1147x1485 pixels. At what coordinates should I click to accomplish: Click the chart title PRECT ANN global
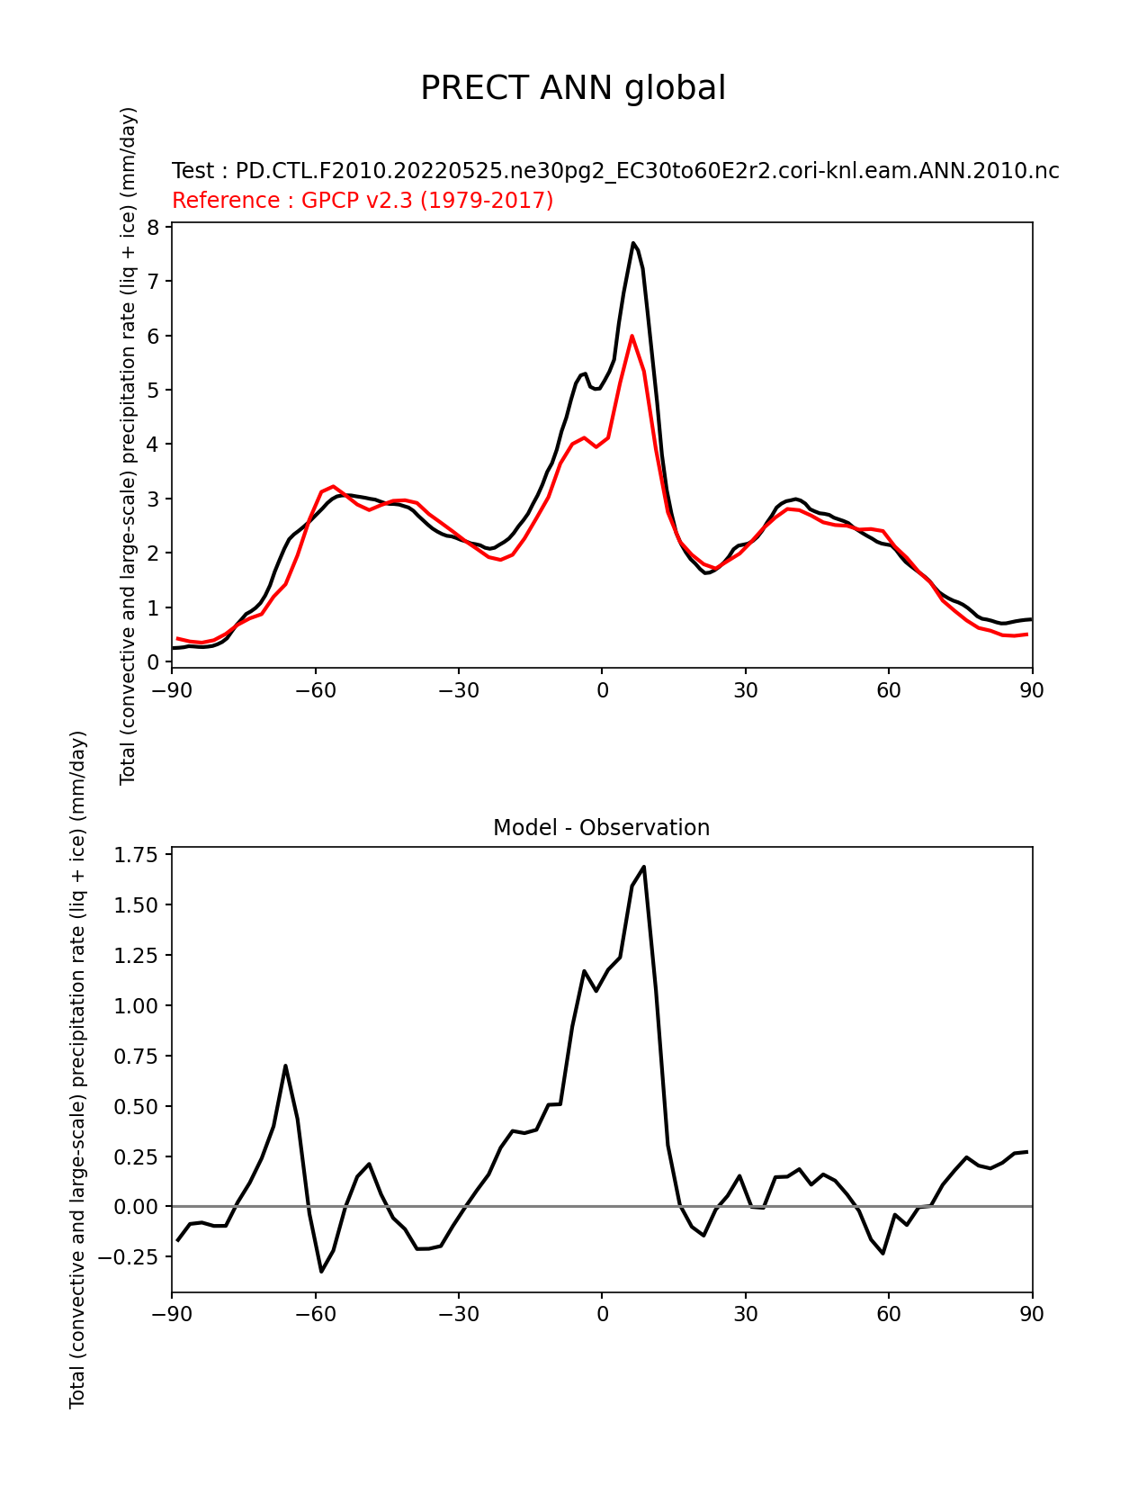(x=573, y=88)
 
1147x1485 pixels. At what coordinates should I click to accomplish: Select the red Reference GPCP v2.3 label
(x=363, y=200)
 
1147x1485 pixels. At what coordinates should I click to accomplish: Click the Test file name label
(x=615, y=171)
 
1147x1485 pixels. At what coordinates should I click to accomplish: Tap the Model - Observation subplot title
(x=601, y=828)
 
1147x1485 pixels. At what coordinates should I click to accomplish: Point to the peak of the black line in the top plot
(x=633, y=243)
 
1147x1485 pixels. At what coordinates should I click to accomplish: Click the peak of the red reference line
(x=632, y=336)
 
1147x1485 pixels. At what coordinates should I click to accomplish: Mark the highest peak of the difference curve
(x=644, y=867)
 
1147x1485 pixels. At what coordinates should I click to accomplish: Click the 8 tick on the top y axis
(x=153, y=227)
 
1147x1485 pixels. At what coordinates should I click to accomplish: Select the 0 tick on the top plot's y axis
(x=153, y=662)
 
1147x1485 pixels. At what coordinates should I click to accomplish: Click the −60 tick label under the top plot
(x=315, y=690)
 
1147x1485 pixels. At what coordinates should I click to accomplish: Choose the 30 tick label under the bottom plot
(x=745, y=1314)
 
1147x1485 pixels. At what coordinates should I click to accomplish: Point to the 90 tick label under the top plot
(x=1032, y=690)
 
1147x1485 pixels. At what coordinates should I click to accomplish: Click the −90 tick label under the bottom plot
(x=172, y=1314)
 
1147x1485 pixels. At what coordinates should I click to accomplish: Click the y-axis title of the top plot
(x=129, y=445)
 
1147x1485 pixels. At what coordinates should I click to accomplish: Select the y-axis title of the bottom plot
(x=78, y=1069)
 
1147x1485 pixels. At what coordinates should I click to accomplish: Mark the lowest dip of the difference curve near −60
(x=321, y=1271)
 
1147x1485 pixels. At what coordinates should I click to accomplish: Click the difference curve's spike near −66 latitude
(x=285, y=1066)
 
